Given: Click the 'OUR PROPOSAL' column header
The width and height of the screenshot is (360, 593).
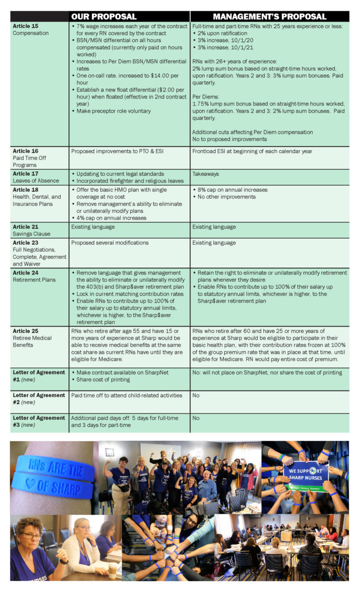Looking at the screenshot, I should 103,16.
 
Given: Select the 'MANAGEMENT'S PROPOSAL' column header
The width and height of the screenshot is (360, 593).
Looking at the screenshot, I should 269,16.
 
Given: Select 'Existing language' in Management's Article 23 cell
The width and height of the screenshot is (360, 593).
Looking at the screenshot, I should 214,243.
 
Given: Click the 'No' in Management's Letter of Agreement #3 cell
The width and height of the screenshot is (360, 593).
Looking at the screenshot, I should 196,419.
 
